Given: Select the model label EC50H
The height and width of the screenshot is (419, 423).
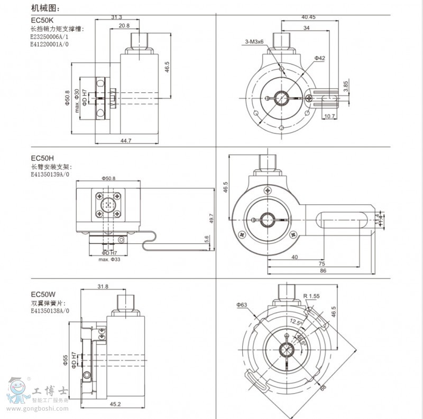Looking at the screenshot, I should click(x=42, y=158).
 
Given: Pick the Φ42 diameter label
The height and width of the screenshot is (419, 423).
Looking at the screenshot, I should click(x=319, y=58).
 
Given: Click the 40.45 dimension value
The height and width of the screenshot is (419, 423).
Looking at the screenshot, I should click(x=308, y=17).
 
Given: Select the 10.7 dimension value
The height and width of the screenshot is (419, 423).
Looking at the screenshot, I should click(x=329, y=116).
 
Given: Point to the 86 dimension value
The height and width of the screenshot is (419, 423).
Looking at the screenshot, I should click(x=323, y=270).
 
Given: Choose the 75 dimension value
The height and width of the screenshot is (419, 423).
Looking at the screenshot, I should click(x=321, y=263).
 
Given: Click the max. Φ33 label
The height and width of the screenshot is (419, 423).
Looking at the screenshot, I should click(x=109, y=259).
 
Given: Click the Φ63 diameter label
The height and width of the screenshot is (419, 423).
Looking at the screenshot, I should click(x=242, y=305).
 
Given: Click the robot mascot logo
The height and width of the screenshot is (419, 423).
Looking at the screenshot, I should click(x=17, y=392).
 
